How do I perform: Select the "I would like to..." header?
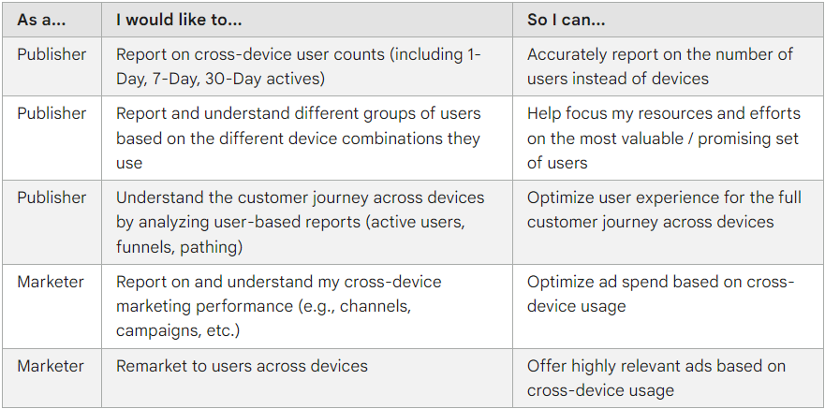(179, 20)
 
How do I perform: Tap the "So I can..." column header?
(567, 20)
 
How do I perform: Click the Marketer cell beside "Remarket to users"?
(51, 366)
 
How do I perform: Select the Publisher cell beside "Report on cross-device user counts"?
(52, 54)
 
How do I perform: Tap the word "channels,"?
(376, 306)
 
